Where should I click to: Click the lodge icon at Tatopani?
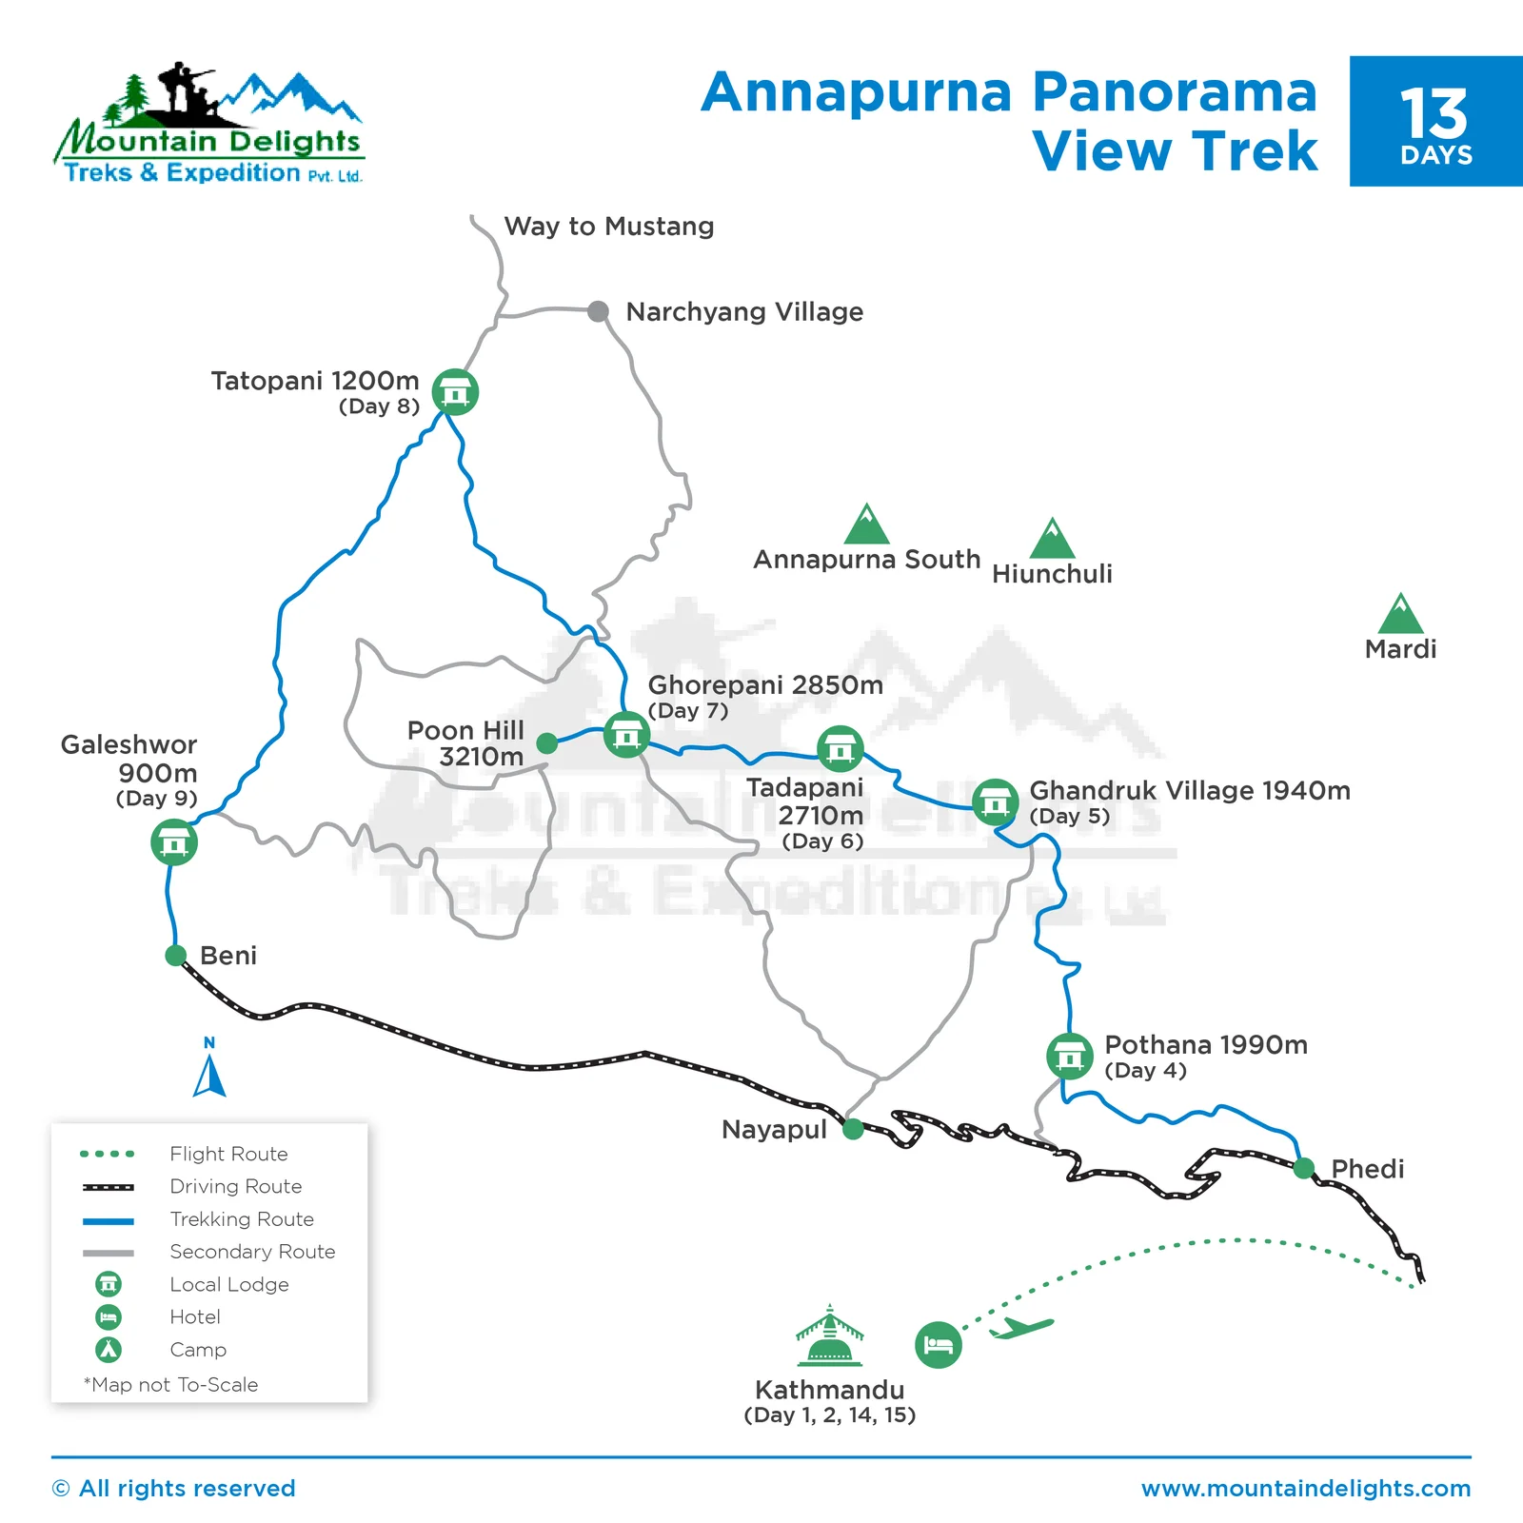pyautogui.click(x=455, y=391)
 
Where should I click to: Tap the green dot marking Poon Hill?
pyautogui.click(x=547, y=742)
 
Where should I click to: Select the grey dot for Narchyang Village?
pyautogui.click(x=598, y=311)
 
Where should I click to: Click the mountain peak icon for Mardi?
pyautogui.click(x=1400, y=616)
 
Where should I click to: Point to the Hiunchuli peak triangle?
pyautogui.click(x=1052, y=540)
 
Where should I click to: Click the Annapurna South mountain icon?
pyautogui.click(x=866, y=525)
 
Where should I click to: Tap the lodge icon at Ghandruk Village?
pyautogui.click(x=995, y=802)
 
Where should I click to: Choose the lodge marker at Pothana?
pyautogui.click(x=1069, y=1056)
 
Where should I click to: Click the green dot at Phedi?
pyautogui.click(x=1304, y=1168)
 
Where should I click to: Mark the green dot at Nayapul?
pyautogui.click(x=853, y=1129)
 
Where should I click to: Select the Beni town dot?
pyautogui.click(x=175, y=955)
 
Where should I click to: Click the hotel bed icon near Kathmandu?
pyautogui.click(x=938, y=1345)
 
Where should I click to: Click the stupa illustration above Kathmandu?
pyautogui.click(x=829, y=1336)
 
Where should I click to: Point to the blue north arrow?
pyautogui.click(x=209, y=1076)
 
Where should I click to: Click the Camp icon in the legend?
pyautogui.click(x=109, y=1349)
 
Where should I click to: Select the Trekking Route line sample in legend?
pyautogui.click(x=109, y=1219)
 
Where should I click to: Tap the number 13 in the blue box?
pyautogui.click(x=1434, y=114)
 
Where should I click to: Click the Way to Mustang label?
pyautogui.click(x=609, y=227)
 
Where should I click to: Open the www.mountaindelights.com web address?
pyautogui.click(x=1306, y=1488)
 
